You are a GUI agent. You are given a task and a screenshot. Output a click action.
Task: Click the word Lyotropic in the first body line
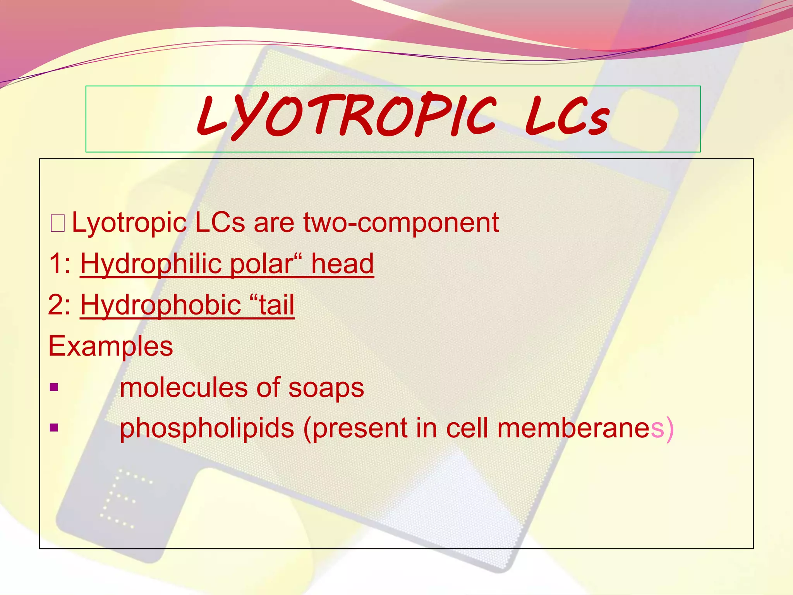(x=129, y=223)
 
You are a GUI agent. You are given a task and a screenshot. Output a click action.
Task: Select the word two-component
(x=401, y=223)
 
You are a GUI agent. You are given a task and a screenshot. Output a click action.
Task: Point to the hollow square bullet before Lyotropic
(x=58, y=224)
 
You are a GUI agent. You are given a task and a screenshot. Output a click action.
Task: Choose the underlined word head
(x=343, y=264)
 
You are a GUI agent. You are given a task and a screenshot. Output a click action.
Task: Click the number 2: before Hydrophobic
(x=60, y=305)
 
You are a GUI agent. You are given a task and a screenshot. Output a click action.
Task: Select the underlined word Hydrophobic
(x=161, y=305)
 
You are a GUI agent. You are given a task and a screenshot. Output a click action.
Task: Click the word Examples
(x=111, y=346)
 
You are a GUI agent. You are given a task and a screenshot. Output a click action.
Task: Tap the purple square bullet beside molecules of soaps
(x=54, y=387)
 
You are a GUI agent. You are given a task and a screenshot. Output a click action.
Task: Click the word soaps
(x=326, y=388)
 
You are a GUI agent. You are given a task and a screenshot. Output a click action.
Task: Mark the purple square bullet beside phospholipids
(x=54, y=428)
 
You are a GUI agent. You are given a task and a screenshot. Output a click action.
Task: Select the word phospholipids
(x=207, y=428)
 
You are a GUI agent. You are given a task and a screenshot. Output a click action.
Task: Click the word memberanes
(x=581, y=428)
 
